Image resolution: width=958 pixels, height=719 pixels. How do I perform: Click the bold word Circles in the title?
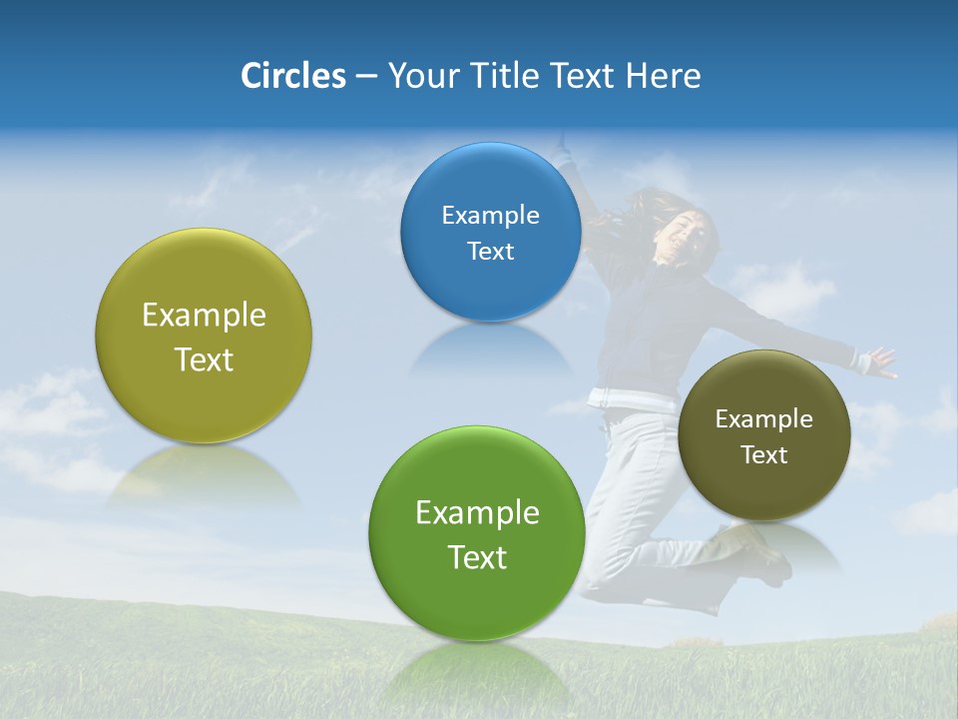(292, 76)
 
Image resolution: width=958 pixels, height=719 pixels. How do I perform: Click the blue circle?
(490, 232)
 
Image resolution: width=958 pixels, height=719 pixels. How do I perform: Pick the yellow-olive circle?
(204, 336)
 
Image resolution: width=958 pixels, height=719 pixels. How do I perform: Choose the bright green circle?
(477, 532)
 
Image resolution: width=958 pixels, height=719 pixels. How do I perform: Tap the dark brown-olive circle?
(764, 435)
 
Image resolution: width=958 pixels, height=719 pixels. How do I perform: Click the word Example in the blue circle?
(490, 215)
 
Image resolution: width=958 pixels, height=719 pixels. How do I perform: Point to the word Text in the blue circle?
(490, 251)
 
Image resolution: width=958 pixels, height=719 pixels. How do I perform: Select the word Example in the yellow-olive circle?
(204, 316)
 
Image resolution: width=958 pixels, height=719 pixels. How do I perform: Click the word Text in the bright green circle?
(477, 557)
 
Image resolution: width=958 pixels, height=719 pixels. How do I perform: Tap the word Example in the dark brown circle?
(764, 418)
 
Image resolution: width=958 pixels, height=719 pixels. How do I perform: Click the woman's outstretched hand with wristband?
(877, 360)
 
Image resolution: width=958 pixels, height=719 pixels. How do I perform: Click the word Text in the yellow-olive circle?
(204, 359)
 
